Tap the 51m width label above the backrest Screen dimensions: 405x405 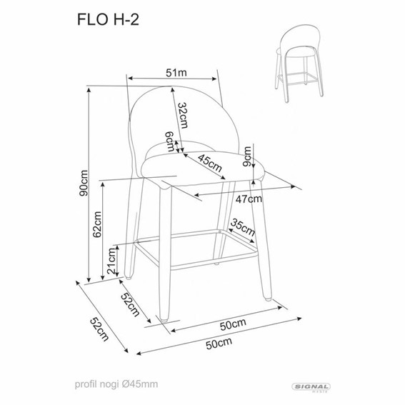175,71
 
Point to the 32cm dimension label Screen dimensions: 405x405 183,114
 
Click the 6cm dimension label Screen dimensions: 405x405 169,142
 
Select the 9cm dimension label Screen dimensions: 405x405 247,156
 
